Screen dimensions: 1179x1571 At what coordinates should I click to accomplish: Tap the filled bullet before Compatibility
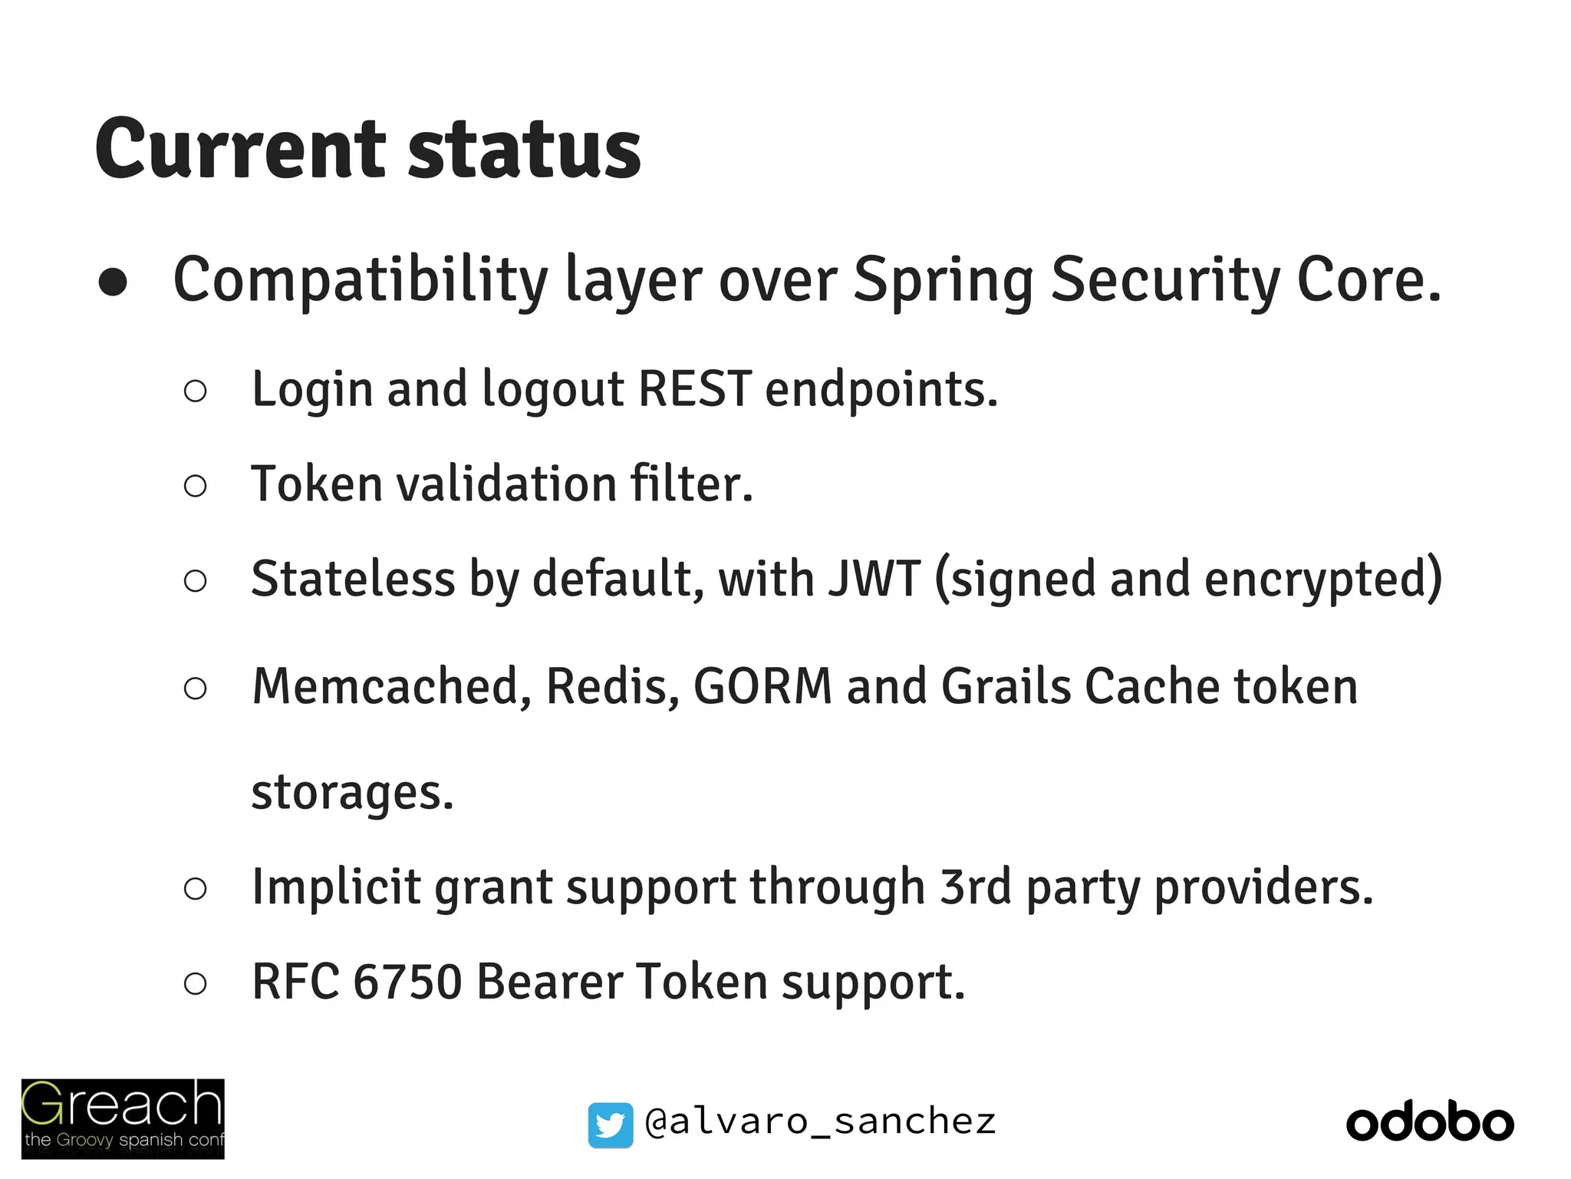tap(113, 282)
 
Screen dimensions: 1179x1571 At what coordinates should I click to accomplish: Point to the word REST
tap(694, 389)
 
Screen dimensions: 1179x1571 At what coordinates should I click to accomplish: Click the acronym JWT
tap(874, 579)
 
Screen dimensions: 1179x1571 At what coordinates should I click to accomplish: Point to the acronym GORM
tap(762, 685)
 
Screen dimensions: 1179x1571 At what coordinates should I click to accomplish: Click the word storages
tap(352, 792)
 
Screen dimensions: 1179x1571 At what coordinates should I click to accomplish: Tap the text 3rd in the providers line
tap(976, 887)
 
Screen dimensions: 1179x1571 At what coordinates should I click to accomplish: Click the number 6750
tap(407, 982)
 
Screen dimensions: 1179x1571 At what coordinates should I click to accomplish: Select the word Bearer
tap(548, 982)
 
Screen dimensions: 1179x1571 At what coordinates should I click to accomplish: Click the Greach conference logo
tap(123, 1118)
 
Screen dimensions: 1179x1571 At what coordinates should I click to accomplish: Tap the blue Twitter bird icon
tap(611, 1125)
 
